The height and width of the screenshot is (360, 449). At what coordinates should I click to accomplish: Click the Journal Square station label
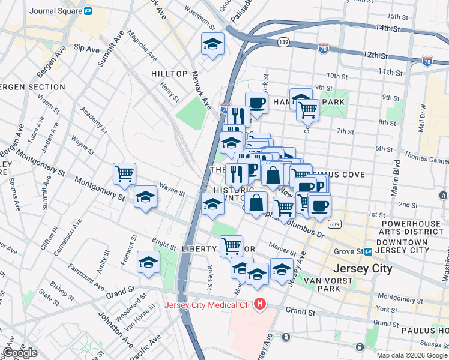55,10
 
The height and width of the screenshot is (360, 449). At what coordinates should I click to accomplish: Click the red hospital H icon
259,305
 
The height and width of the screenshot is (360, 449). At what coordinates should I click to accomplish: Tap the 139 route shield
284,41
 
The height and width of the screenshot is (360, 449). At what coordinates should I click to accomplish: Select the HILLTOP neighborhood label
170,73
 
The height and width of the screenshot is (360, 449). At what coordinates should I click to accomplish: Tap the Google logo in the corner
20,353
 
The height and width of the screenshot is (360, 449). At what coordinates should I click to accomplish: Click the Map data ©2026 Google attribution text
411,355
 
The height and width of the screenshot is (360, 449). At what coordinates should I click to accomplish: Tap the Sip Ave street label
86,47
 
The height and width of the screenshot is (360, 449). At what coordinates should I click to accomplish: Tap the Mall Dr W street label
423,119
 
